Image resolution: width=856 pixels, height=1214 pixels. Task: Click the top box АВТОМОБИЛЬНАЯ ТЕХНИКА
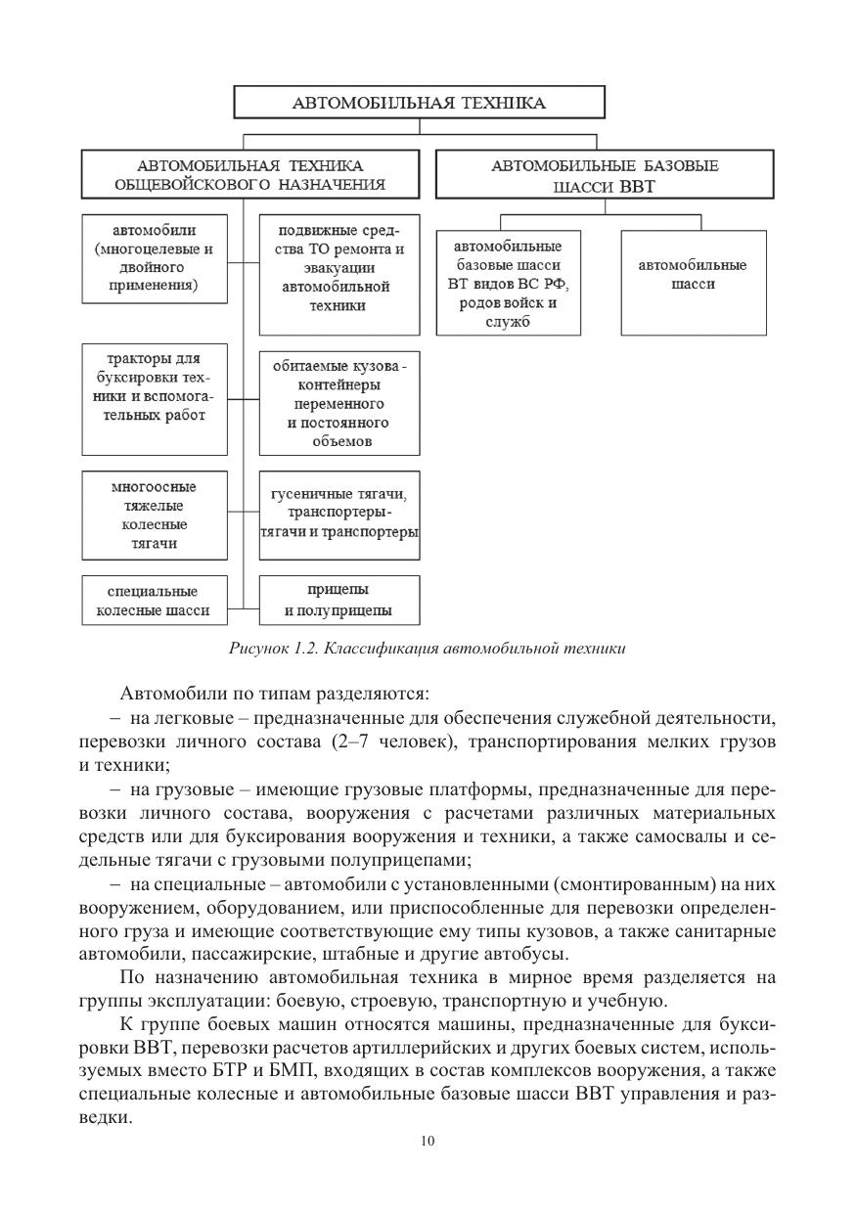419,103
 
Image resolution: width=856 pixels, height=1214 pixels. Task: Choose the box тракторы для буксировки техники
154,398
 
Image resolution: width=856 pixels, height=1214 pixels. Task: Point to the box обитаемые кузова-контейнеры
339,402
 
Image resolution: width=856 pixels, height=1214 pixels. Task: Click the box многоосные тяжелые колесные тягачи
154,515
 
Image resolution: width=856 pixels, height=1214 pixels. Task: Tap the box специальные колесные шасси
154,601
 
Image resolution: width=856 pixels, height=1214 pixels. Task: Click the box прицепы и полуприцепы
339,601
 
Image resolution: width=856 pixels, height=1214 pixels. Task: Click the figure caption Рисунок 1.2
428,648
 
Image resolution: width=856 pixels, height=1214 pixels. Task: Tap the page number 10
428,1141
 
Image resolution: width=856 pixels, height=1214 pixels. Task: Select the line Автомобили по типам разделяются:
274,695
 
